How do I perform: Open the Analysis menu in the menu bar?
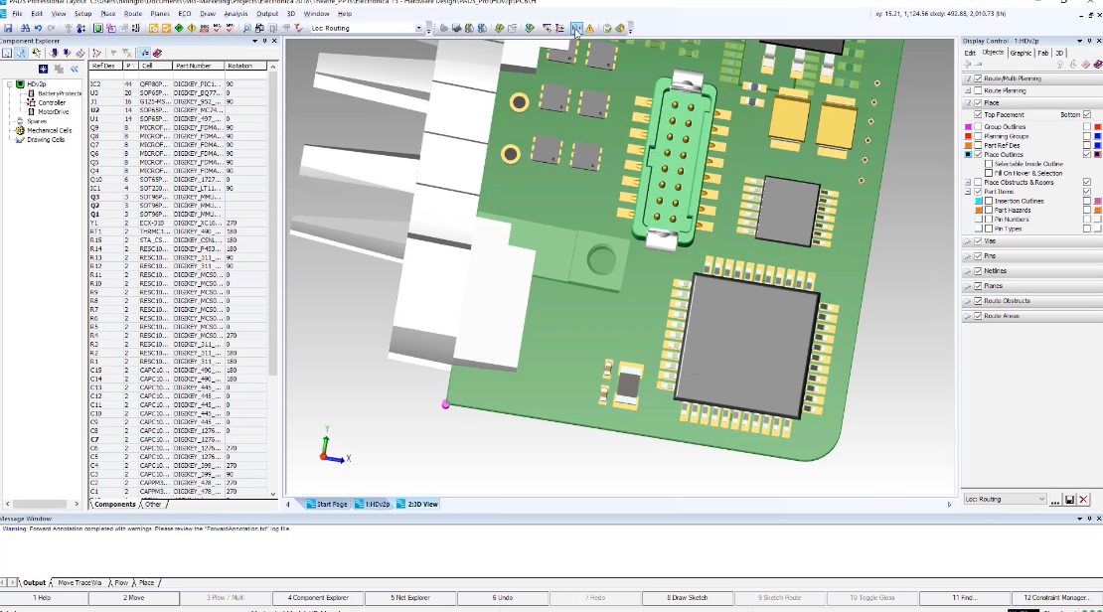click(x=236, y=14)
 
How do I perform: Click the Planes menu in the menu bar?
click(x=159, y=14)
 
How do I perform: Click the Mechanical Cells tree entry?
click(x=49, y=130)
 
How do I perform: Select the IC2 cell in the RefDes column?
click(x=95, y=83)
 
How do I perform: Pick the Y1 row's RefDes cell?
click(x=95, y=223)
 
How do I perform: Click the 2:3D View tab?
click(x=417, y=504)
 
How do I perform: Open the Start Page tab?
click(x=328, y=504)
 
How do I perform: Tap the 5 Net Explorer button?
click(x=410, y=598)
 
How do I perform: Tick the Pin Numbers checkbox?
click(x=989, y=219)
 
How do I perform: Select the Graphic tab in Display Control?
click(x=1021, y=53)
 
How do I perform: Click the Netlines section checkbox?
click(x=978, y=270)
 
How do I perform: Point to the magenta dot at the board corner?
click(x=445, y=404)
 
